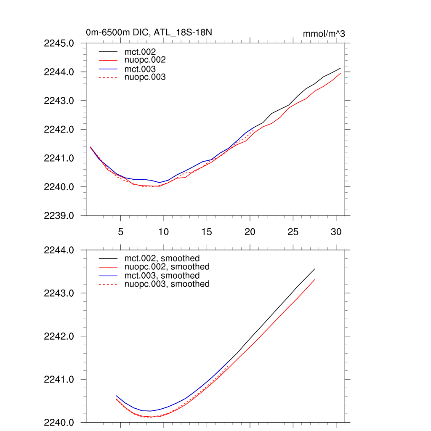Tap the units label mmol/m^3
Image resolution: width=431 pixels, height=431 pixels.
324,34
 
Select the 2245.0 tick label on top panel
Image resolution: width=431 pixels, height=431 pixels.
59,43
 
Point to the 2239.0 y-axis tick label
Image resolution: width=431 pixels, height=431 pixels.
59,215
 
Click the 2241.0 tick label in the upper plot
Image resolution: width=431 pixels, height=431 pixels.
59,158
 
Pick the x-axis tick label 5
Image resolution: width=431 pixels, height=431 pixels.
120,232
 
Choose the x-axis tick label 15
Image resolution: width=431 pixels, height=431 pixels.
206,232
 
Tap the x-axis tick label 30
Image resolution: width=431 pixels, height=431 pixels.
336,232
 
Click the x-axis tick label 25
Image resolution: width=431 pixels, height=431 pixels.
293,232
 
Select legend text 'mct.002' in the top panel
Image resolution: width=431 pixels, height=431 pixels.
143,52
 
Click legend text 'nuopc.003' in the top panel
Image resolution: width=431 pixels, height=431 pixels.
148,77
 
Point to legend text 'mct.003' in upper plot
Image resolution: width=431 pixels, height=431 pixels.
143,69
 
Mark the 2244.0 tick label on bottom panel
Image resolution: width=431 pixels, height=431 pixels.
59,250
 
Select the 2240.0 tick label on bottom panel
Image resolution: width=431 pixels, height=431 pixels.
59,422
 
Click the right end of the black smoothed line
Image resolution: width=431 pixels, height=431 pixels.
314,269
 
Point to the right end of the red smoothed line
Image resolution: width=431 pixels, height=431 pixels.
314,279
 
